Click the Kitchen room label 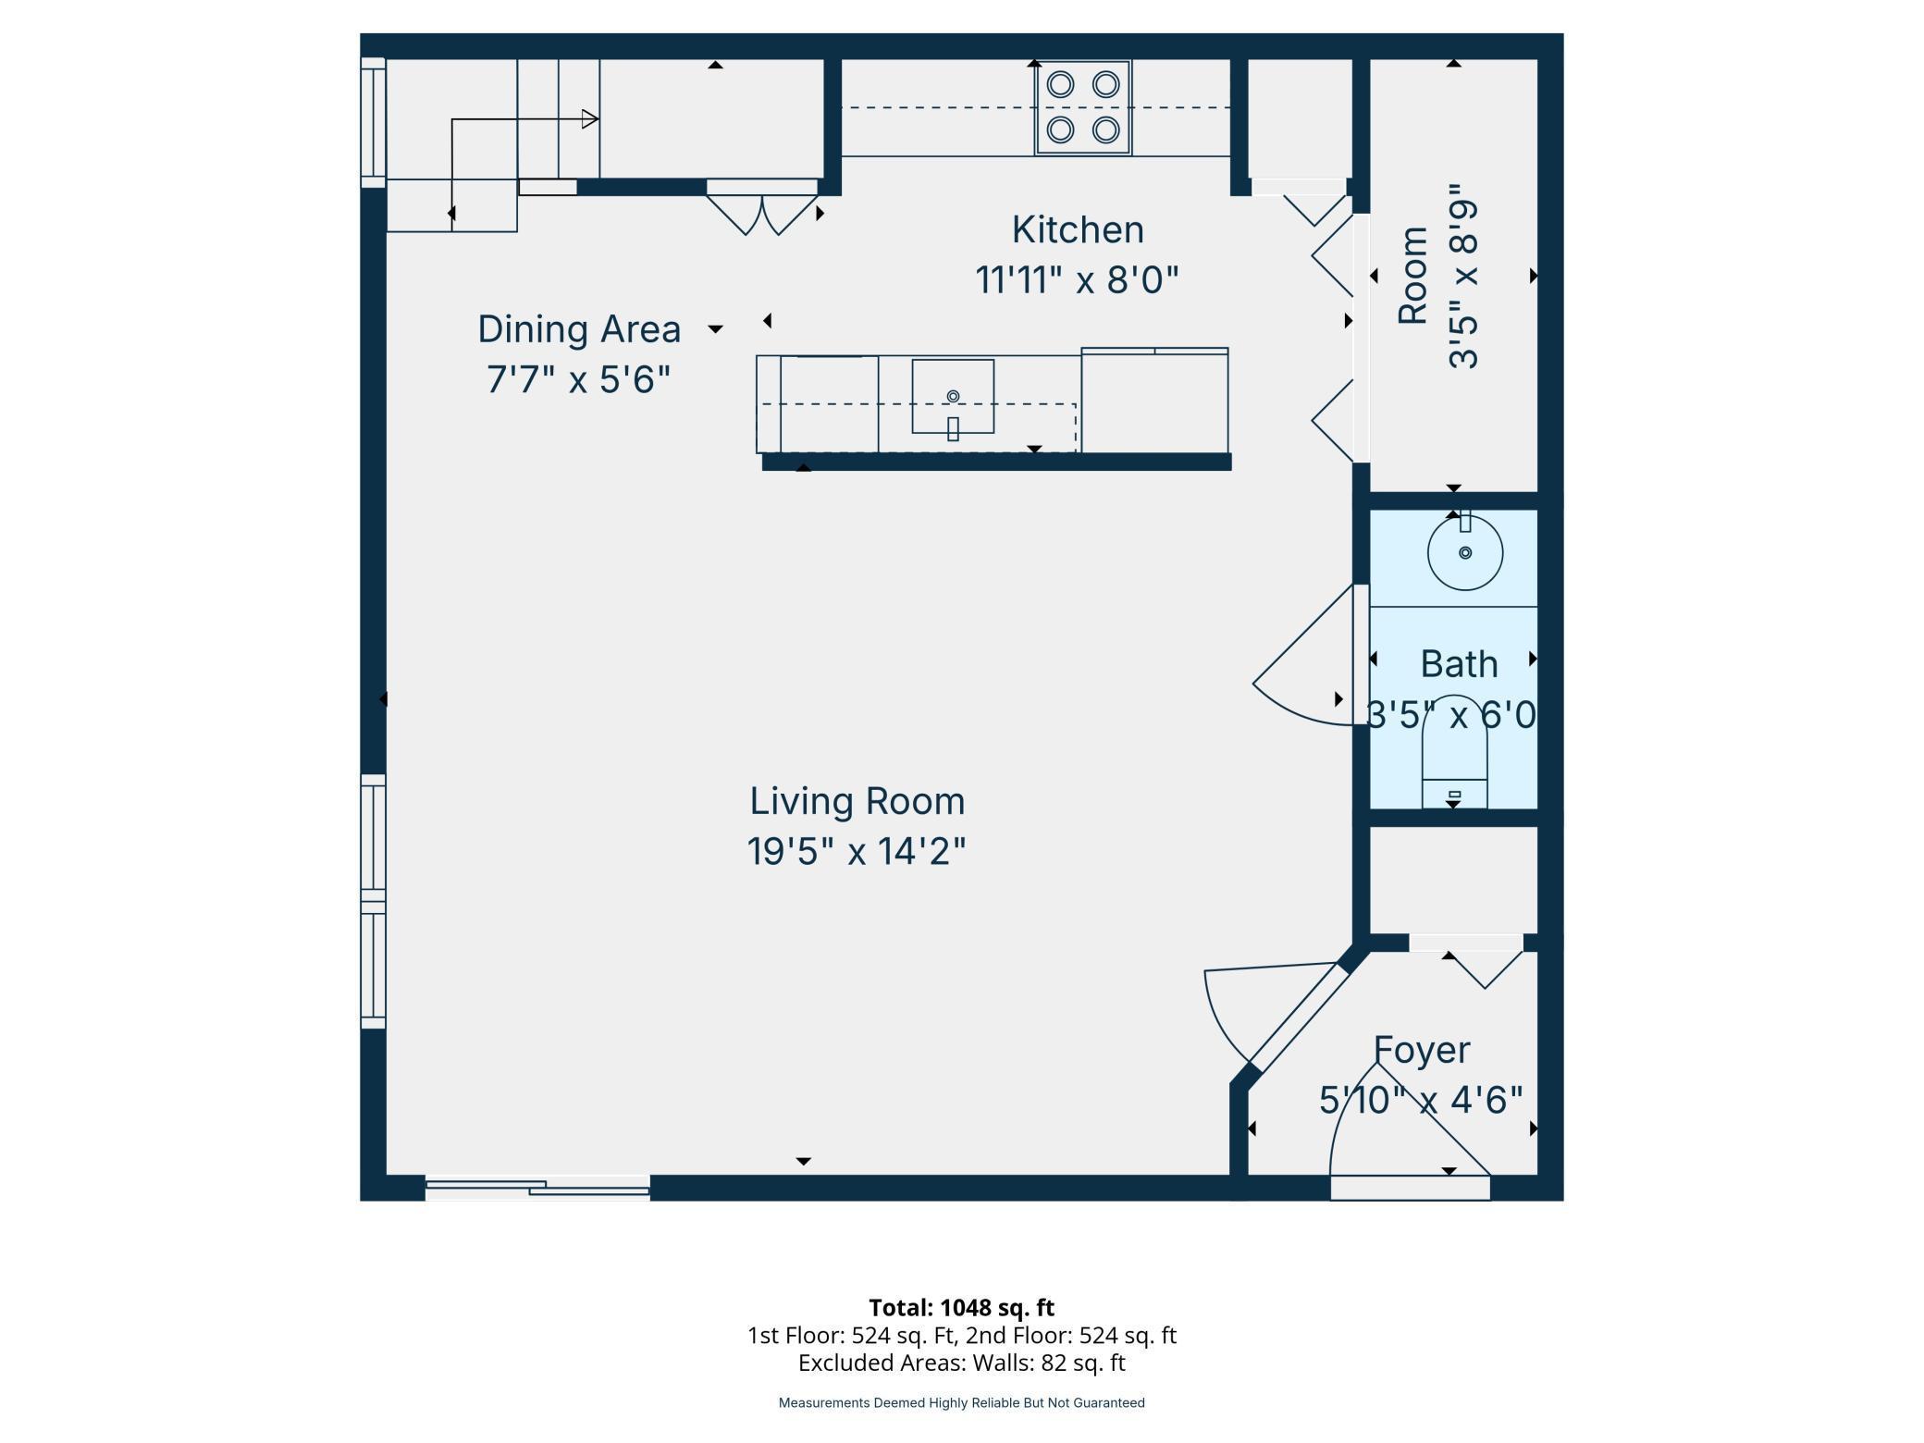tap(1078, 229)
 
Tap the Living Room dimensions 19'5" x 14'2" tap(857, 851)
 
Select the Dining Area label tap(579, 329)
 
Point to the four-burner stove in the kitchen tap(1082, 107)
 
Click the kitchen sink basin tap(953, 396)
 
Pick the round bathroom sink tap(1465, 553)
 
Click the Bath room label tap(1459, 664)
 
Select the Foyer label tap(1422, 1050)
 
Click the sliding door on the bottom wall tap(537, 1188)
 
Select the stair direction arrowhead tap(590, 119)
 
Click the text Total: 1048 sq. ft tap(962, 1307)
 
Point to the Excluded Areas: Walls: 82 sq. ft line tap(962, 1363)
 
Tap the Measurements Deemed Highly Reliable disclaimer tap(962, 1403)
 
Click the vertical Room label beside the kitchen tap(1412, 275)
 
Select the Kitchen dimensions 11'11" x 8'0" tap(1078, 279)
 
